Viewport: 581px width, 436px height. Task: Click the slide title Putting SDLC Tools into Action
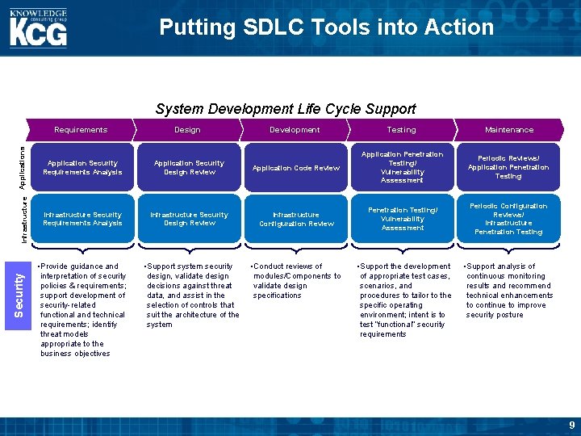326,27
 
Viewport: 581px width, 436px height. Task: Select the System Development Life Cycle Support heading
286,109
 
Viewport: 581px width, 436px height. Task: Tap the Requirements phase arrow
81,129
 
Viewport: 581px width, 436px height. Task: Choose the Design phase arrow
187,129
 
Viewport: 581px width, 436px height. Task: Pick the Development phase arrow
295,129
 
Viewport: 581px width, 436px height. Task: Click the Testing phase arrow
401,129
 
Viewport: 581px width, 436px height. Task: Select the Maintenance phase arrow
508,129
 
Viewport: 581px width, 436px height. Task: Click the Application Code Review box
296,168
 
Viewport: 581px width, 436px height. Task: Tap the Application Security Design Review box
189,167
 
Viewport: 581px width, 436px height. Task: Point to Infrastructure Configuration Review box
296,219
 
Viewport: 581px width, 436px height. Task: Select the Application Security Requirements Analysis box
82,167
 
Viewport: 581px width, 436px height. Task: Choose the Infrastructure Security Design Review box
189,219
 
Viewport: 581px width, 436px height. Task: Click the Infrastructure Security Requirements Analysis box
82,219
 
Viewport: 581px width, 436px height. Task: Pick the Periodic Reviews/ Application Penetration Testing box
508,167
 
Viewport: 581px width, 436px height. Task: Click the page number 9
571,425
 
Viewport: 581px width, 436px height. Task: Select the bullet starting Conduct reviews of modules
295,281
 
